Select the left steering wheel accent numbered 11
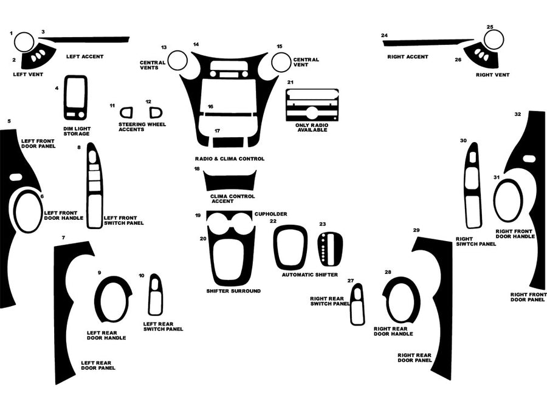(x=126, y=112)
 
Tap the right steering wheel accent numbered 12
(x=156, y=112)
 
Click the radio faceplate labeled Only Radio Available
(x=312, y=104)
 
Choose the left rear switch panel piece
(x=155, y=295)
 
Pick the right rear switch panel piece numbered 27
(x=357, y=304)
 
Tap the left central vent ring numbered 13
(x=177, y=61)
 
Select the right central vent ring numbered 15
(x=281, y=61)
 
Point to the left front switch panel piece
(x=95, y=186)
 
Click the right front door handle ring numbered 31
(x=508, y=201)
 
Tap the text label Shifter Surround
(x=233, y=291)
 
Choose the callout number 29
(x=416, y=230)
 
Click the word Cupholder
(x=270, y=214)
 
